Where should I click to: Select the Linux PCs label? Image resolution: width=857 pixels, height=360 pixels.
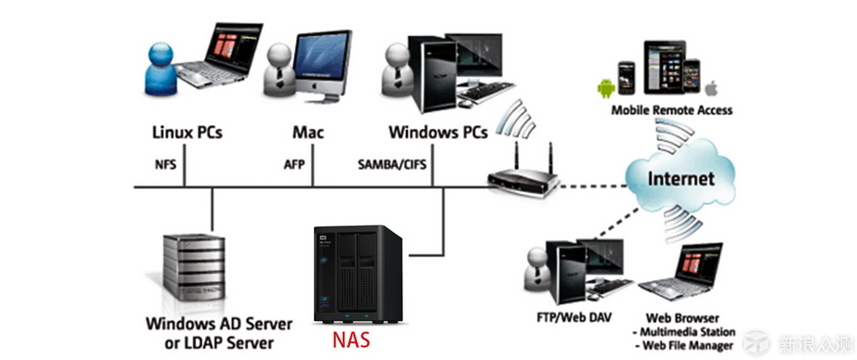tap(186, 133)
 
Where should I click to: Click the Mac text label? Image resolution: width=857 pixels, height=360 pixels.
tap(308, 133)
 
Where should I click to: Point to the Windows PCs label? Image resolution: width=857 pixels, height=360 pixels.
tap(438, 133)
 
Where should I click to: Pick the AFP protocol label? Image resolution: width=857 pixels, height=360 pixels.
tap(296, 166)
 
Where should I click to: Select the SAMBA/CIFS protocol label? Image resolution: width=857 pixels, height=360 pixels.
tap(393, 166)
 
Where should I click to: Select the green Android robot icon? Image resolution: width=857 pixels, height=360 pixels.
tap(602, 88)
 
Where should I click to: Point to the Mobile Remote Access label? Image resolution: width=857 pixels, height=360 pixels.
tap(671, 111)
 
